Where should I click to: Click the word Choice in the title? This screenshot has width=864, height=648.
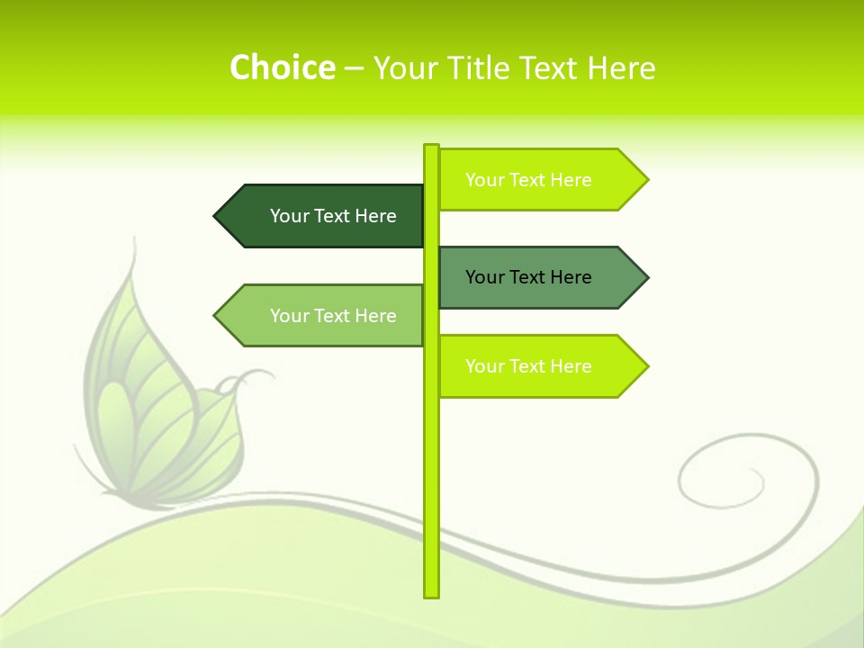coord(282,67)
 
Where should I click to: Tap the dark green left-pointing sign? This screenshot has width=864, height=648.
coord(324,216)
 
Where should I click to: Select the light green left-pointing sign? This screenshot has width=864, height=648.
coord(324,315)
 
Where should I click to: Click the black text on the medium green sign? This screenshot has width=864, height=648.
coord(528,277)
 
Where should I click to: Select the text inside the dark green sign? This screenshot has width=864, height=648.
coord(333,216)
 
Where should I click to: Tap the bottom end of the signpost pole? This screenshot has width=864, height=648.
coord(431,594)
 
